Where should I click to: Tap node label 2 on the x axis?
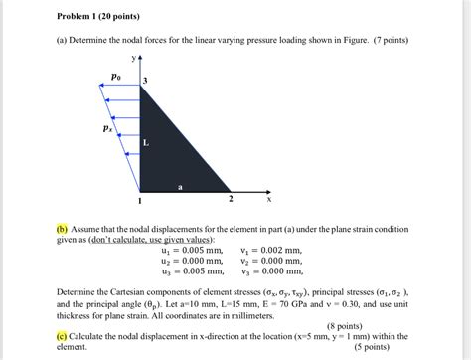click(x=230, y=200)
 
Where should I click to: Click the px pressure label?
click(x=107, y=128)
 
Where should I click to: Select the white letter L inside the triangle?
click(x=146, y=143)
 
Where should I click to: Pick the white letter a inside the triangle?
click(x=180, y=186)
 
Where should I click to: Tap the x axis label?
click(x=268, y=199)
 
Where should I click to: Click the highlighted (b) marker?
click(x=61, y=227)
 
